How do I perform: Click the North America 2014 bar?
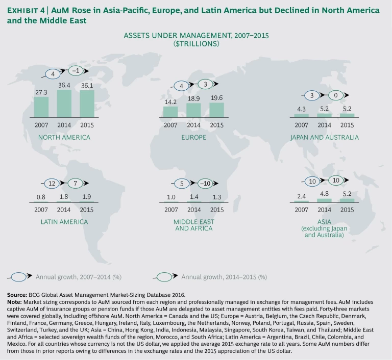coord(64,104)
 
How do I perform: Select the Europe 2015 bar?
coord(216,110)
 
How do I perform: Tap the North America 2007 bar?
coord(41,107)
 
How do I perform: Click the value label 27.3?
coord(41,92)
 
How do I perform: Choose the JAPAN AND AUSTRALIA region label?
coord(324,137)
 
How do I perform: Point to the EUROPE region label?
coord(194,138)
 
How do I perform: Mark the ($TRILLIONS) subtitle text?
coord(196,44)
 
